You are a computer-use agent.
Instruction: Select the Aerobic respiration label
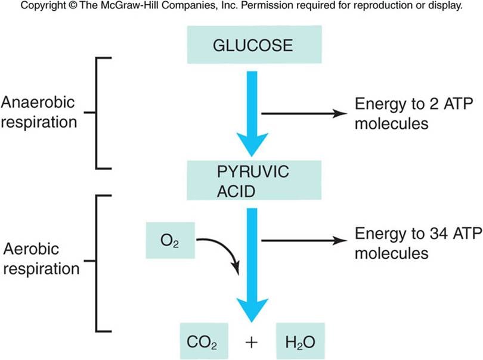[40, 260]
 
